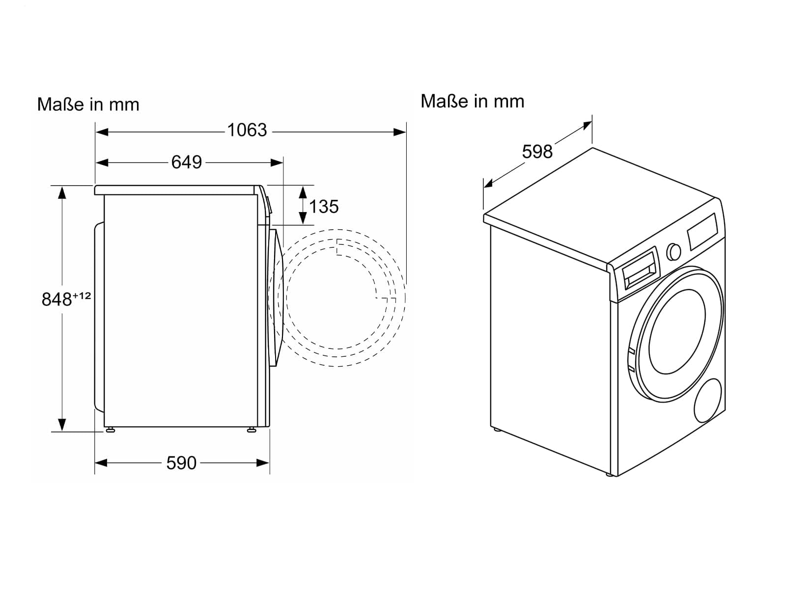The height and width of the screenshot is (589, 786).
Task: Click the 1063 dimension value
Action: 247,130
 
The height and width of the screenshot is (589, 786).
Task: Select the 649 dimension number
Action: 187,162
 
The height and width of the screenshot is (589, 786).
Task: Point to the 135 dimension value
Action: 324,207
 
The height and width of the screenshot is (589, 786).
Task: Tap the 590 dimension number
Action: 181,463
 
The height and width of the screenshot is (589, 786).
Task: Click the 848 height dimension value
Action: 57,299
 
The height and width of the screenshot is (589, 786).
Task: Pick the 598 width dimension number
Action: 537,152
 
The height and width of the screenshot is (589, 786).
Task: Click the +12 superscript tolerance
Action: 82,295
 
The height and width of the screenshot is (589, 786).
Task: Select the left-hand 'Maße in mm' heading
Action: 88,105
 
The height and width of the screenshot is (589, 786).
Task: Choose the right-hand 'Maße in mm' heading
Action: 473,101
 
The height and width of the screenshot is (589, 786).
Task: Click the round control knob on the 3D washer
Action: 674,252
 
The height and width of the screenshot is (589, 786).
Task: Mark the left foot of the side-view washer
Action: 111,429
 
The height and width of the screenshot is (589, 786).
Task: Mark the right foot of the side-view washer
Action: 252,429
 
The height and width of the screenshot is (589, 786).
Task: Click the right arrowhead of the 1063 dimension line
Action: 400,132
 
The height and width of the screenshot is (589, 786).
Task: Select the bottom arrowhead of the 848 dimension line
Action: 62,425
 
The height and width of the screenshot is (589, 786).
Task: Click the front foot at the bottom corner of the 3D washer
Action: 610,474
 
